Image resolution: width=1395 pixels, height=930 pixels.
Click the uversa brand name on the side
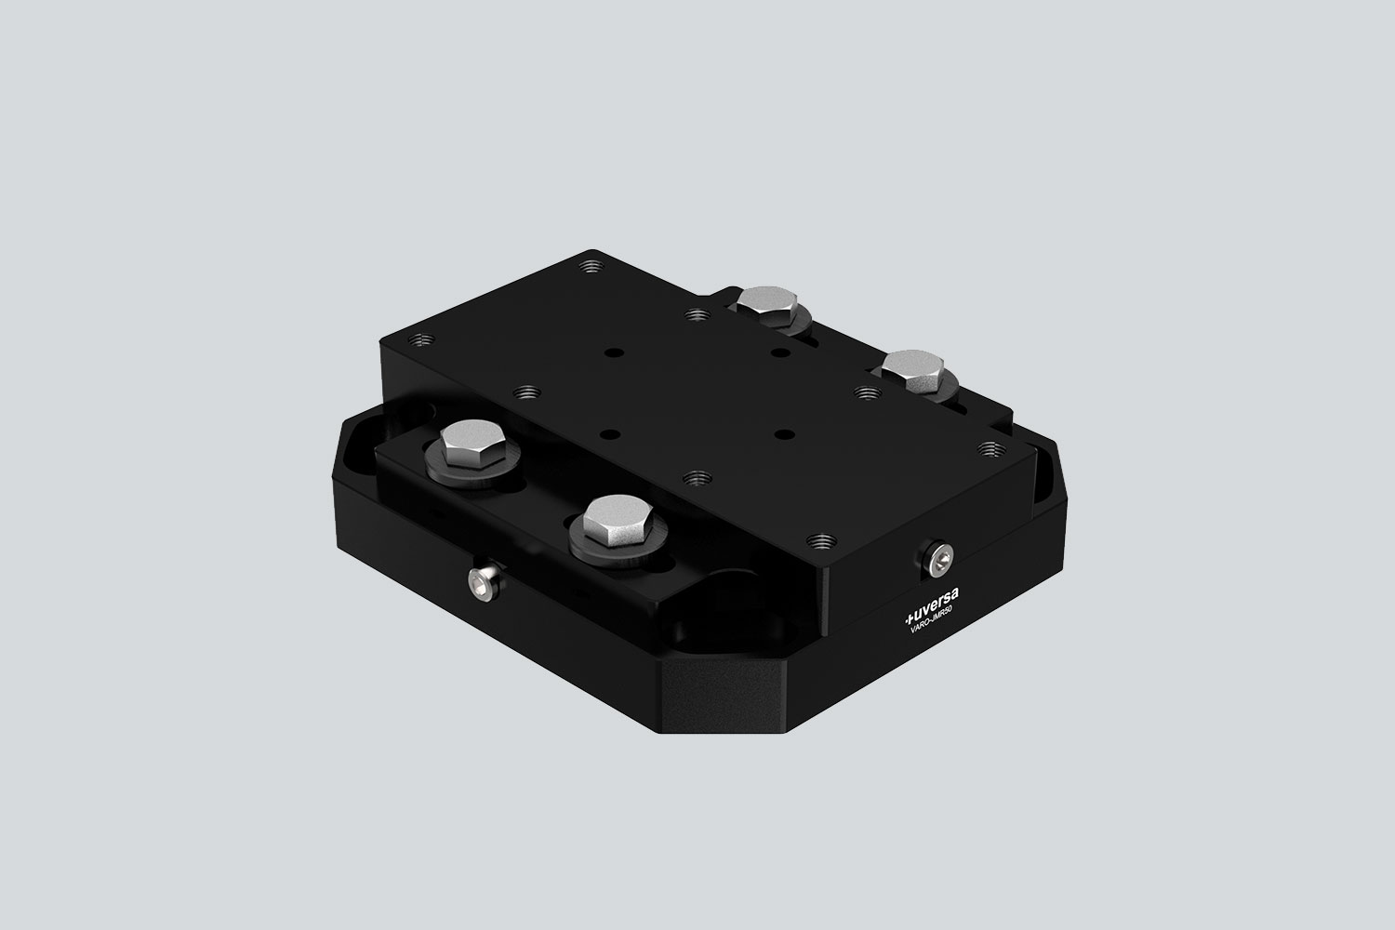coord(934,605)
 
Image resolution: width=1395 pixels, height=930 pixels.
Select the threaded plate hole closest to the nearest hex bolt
coord(691,476)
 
